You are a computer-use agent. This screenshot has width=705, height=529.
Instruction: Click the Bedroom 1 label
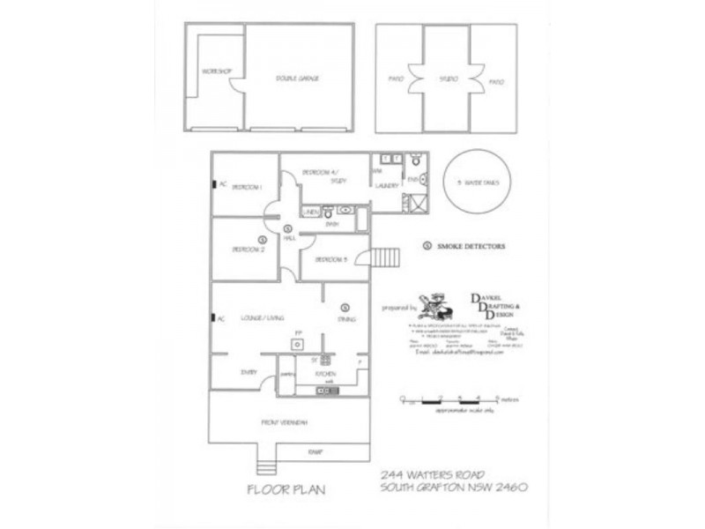click(x=248, y=188)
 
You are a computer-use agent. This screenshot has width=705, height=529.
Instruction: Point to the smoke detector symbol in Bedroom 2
click(x=262, y=239)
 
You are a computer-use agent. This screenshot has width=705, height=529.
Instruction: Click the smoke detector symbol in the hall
click(x=288, y=228)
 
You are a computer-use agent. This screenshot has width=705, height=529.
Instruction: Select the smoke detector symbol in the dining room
click(x=345, y=307)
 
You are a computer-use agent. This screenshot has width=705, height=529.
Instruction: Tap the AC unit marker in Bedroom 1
click(x=213, y=184)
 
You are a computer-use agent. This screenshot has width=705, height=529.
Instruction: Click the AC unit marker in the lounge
click(x=213, y=317)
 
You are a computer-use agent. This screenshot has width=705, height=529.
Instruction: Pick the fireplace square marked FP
click(x=299, y=341)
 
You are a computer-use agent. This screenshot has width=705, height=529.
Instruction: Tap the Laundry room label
click(x=387, y=186)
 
